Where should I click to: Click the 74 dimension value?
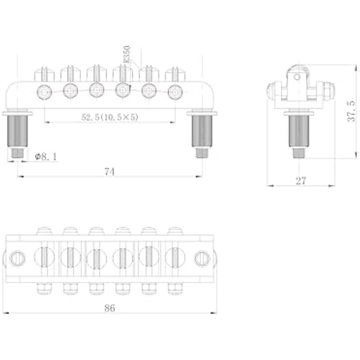tap(110, 172)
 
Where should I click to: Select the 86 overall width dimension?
tap(110, 308)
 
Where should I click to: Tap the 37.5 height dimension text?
tap(350, 111)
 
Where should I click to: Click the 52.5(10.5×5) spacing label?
tap(110, 118)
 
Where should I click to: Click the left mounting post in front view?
tap(18, 129)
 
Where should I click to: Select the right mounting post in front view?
tap(202, 129)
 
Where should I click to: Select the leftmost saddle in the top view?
tap(45, 257)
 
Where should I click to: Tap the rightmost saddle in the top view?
tap(174, 257)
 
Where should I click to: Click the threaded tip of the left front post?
tap(18, 153)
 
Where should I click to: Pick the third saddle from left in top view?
tap(97, 257)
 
